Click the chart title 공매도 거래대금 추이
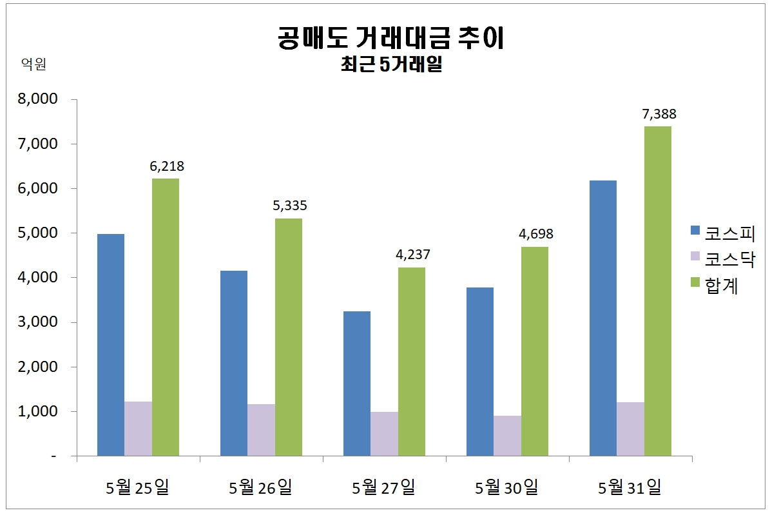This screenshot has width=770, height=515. pos(390,39)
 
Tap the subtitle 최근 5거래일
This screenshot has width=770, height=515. pos(390,65)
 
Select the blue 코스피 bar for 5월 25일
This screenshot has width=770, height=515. pos(110,345)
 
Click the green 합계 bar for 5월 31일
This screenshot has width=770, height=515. pos(658,291)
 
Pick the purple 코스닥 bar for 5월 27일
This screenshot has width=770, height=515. pos(384,434)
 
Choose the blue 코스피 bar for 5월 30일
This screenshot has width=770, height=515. pos(480,372)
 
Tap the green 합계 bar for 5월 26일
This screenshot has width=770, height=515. pos(288,337)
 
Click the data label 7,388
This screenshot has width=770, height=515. pos(659,114)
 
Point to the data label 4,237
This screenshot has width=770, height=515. pos(412,255)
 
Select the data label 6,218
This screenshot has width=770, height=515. pos(166,166)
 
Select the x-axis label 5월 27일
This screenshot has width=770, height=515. pos(384,487)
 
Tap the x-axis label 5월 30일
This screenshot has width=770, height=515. pos(507,487)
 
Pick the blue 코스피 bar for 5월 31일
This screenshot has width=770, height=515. pos(603,318)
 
